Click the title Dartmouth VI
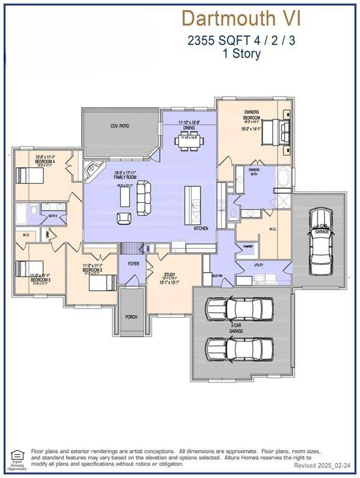click(x=241, y=18)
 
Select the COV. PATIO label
click(x=118, y=126)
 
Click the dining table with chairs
click(x=189, y=141)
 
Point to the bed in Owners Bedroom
click(x=274, y=131)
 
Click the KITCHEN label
click(x=201, y=228)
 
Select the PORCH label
click(x=131, y=316)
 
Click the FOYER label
click(x=134, y=263)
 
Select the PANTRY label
click(x=248, y=246)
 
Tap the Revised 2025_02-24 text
click(x=323, y=465)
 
